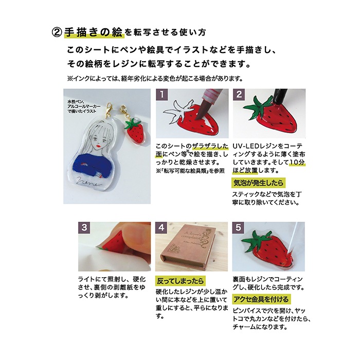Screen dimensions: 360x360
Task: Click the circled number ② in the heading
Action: pos(57,32)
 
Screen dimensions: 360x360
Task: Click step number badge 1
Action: pos(162,95)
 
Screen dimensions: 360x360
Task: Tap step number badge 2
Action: pos(239,95)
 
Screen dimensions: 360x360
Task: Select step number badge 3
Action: pos(84,227)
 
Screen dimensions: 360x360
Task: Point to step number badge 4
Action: pos(161,227)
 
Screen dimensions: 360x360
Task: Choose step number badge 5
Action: pos(238,227)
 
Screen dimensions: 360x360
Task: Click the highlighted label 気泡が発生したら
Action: pos(259,183)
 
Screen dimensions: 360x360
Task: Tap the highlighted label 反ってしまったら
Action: pos(180,281)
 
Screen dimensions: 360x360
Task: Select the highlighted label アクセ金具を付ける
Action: pos(261,299)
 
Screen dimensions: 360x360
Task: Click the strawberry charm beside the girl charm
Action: pos(135,130)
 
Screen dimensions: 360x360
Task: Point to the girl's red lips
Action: pos(98,146)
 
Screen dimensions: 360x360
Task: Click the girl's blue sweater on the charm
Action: pos(95,165)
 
